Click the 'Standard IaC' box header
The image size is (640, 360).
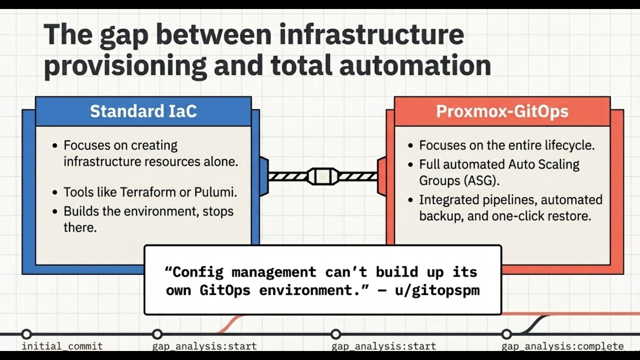tap(143, 111)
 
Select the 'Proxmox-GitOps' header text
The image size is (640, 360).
tap(502, 111)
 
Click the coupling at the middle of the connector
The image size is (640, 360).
tap(322, 176)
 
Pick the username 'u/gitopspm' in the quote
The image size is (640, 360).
tap(437, 290)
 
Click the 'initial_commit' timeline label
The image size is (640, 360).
tap(62, 346)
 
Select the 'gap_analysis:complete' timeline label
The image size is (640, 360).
tap(562, 346)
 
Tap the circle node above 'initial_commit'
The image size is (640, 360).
tap(26, 334)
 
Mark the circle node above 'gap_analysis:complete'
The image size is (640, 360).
tap(506, 334)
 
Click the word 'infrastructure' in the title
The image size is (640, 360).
tap(371, 35)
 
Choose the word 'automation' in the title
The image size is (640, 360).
tap(415, 65)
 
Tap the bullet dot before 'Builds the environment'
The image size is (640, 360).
tap(55, 212)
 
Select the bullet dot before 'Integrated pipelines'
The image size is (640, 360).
tap(410, 200)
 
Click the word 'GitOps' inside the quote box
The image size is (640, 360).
tap(225, 290)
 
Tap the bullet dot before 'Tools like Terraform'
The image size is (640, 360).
tap(55, 192)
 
